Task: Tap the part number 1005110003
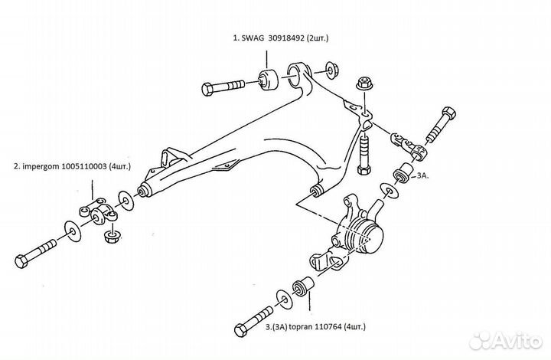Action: coord(84,166)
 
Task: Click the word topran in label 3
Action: coord(300,327)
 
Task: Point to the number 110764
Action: coord(328,326)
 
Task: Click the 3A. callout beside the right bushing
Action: coord(422,175)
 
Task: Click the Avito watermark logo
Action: coord(506,340)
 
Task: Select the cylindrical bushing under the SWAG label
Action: coord(269,80)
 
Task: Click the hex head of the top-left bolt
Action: coord(207,90)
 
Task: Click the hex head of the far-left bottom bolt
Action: coord(21,261)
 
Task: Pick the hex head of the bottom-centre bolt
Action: coord(241,330)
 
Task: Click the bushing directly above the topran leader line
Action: coord(303,286)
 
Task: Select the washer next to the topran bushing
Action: coord(284,299)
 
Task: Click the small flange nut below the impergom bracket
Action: coord(112,236)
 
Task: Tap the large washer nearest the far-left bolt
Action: coord(73,231)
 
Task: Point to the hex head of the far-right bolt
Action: coord(448,113)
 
